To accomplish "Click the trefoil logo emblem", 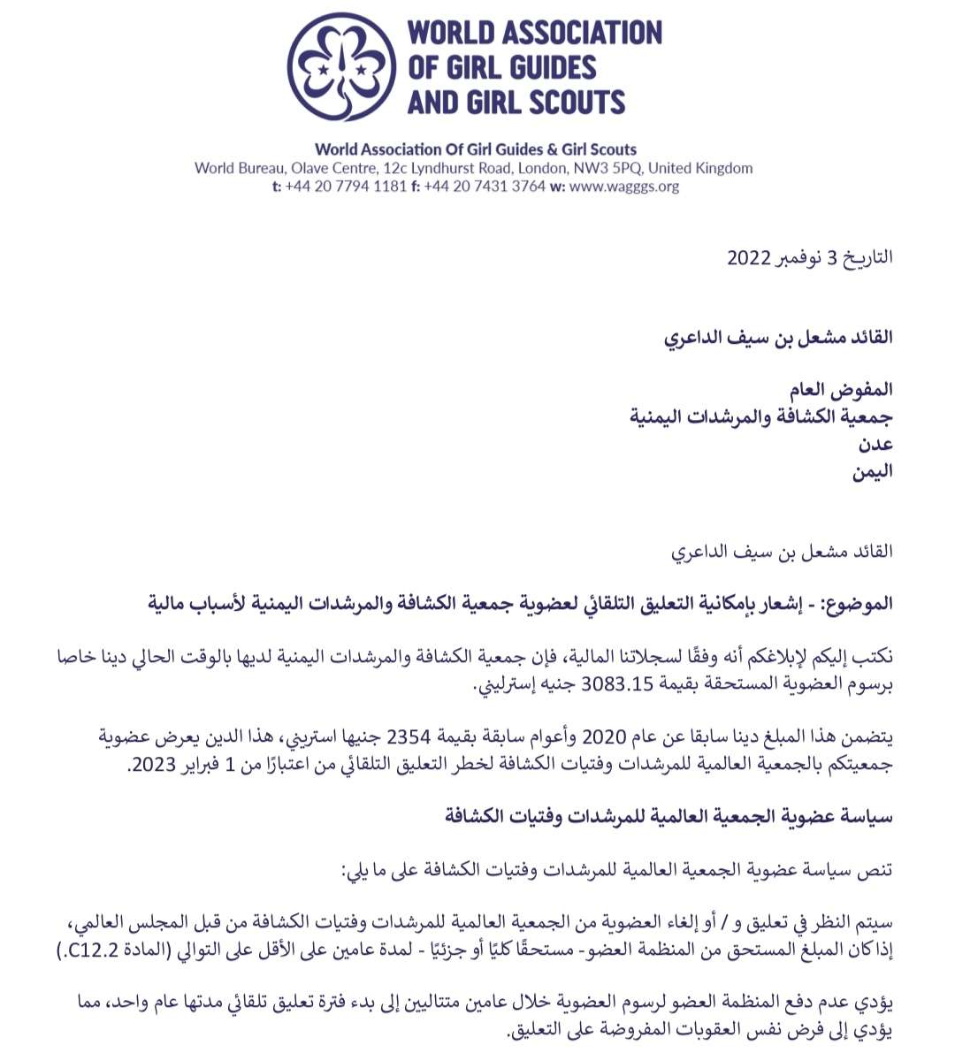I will point(340,66).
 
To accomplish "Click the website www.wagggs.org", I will point(624,187).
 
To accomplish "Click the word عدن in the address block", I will point(875,443).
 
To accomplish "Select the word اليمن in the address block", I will point(872,470).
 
